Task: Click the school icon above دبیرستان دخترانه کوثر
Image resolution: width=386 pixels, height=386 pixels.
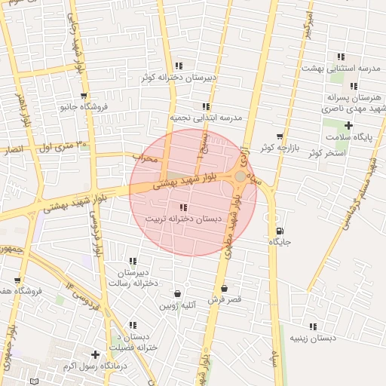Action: coord(178,66)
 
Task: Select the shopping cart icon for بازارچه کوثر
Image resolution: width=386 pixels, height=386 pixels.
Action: coord(280,136)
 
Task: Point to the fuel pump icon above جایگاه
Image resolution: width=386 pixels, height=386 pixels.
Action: coord(280,231)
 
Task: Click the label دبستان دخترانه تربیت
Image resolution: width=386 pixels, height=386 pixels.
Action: coord(183,218)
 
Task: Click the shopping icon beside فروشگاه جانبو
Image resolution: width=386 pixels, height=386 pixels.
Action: coord(84,96)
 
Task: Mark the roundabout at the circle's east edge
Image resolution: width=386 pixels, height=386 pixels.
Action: coord(240,176)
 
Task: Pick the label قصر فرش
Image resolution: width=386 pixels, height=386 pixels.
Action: coord(225,299)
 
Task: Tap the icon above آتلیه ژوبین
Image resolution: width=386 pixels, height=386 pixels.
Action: coord(177,294)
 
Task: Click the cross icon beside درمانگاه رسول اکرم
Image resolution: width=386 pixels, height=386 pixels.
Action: coord(95,354)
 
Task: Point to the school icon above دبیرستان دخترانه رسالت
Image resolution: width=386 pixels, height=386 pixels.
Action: coord(133,261)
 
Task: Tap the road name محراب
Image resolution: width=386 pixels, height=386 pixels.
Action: coord(147,159)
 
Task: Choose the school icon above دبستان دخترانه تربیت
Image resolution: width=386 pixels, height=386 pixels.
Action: coord(183,207)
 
